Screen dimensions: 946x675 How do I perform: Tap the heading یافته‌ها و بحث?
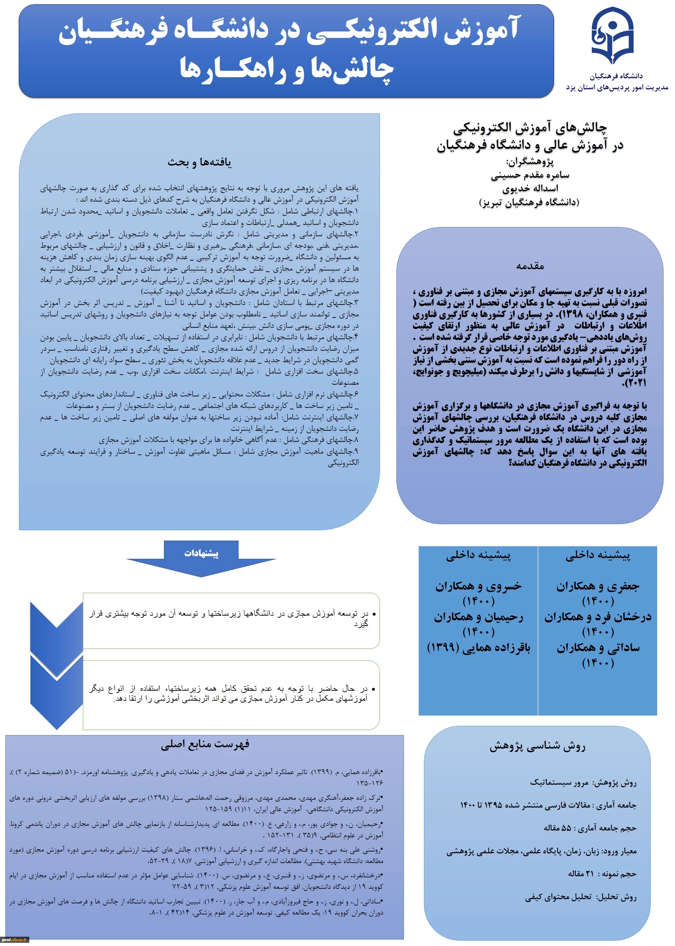pyautogui.click(x=200, y=162)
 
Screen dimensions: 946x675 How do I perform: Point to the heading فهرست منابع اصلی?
pyautogui.click(x=205, y=744)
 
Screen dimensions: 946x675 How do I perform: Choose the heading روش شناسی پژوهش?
pyautogui.click(x=537, y=746)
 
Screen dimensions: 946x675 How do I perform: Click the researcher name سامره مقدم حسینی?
pyautogui.click(x=530, y=175)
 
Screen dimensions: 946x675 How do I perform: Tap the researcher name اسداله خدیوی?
pyautogui.click(x=530, y=189)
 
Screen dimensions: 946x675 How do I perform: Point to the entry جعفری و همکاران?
pyautogui.click(x=598, y=586)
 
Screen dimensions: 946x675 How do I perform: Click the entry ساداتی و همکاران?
pyautogui.click(x=598, y=647)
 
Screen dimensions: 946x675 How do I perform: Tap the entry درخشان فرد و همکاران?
pyautogui.click(x=598, y=617)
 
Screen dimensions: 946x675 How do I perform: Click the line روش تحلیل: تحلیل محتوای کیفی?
pyautogui.click(x=580, y=897)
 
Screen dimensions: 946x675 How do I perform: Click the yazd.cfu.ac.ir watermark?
pyautogui.click(x=15, y=939)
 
